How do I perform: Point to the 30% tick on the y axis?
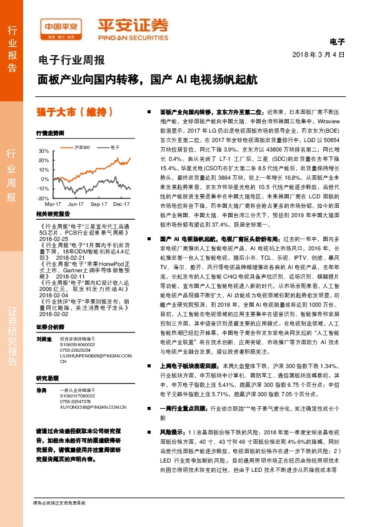coord(43,151)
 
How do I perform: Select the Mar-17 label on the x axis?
coord(53,204)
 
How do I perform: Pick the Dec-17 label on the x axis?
coord(121,204)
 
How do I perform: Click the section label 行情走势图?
coord(50,133)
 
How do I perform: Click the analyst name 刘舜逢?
coord(43,338)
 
